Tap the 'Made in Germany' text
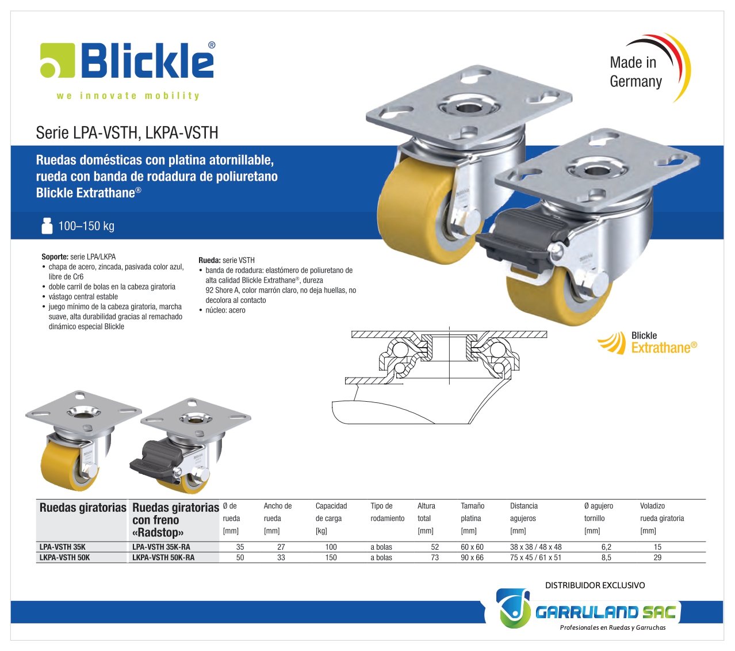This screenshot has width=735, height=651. coord(636,72)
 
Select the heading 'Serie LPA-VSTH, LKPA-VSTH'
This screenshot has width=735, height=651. coord(127,132)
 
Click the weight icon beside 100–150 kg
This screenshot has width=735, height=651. coord(47,226)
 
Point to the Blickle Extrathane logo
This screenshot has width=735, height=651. coord(647,342)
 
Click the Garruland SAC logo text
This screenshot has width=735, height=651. coord(606,612)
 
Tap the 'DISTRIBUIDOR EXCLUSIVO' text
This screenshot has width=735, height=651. coord(595,585)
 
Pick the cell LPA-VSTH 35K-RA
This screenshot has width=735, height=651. coord(161,546)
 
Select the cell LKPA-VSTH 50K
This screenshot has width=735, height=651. coord(64,557)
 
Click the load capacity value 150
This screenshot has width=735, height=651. coord(331,557)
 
